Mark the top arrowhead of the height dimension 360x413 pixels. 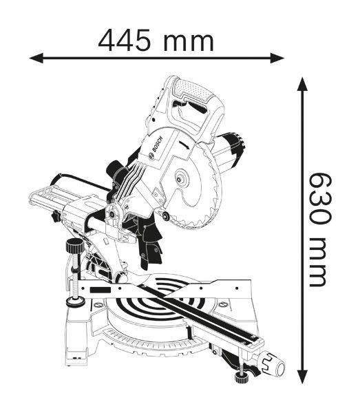[301, 85]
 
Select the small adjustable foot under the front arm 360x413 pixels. [240, 376]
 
